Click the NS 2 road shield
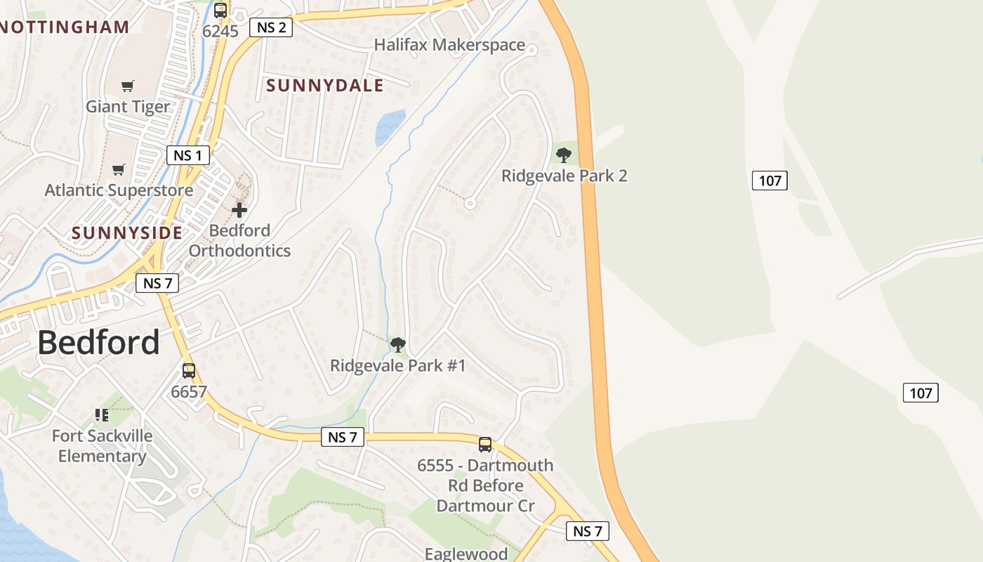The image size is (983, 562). (x=272, y=27)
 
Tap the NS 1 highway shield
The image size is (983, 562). (x=188, y=155)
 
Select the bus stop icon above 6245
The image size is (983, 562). (x=220, y=11)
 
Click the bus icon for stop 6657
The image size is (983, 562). (x=189, y=370)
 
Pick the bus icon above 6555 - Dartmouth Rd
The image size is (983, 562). (x=485, y=444)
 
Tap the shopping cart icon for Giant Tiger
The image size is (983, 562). (x=127, y=86)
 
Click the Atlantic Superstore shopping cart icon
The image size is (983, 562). (x=119, y=169)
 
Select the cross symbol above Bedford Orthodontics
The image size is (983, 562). (x=239, y=209)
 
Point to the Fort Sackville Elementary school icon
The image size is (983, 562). (x=102, y=415)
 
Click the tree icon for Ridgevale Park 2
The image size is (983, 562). (x=563, y=155)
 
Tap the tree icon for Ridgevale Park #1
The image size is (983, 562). (x=398, y=344)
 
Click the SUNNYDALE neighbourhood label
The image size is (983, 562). (x=325, y=86)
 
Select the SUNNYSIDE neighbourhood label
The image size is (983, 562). (x=127, y=233)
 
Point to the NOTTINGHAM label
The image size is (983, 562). (x=65, y=27)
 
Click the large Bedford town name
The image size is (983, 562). (x=98, y=342)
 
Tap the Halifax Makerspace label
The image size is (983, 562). (x=449, y=45)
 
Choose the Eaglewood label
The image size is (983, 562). (x=466, y=554)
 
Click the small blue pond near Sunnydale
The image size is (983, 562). (x=390, y=126)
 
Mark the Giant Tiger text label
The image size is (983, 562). (x=128, y=107)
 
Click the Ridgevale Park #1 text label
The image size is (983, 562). (x=398, y=365)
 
